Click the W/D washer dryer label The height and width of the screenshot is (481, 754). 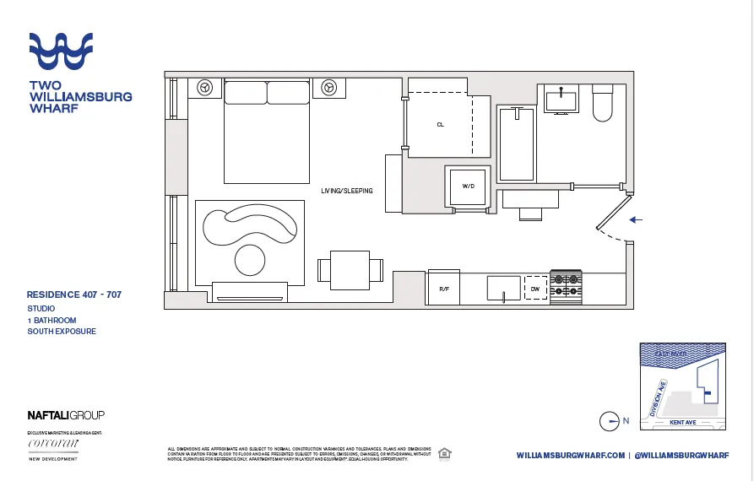[x=466, y=186]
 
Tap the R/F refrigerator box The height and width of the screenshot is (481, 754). [x=444, y=288]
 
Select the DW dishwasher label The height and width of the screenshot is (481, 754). [x=534, y=288]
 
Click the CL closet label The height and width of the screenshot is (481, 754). [x=440, y=124]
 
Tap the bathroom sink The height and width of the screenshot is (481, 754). [x=561, y=100]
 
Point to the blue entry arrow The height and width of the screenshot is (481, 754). [x=637, y=219]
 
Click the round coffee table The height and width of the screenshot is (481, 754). [x=250, y=259]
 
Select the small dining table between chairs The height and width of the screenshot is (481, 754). [x=350, y=269]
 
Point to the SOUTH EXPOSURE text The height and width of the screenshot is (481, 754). [x=62, y=332]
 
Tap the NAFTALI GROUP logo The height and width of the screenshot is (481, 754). [x=66, y=415]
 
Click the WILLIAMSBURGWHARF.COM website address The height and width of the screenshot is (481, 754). [x=570, y=456]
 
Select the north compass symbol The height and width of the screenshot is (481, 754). [x=610, y=420]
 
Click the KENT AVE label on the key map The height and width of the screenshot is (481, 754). [x=681, y=422]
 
